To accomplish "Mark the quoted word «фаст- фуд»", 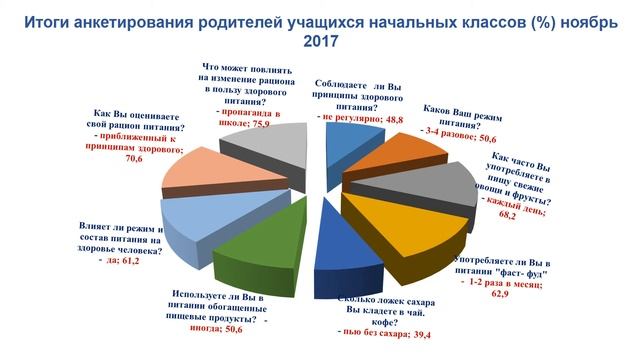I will pos(517,271).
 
